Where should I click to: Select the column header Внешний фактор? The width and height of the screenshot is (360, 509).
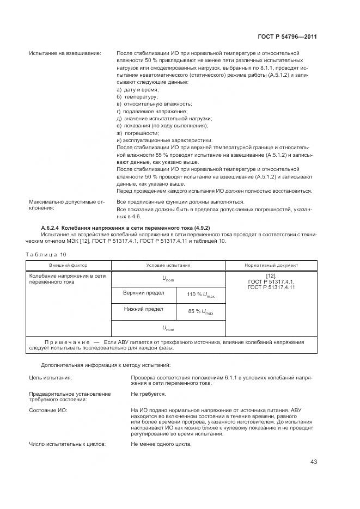(x=68, y=266)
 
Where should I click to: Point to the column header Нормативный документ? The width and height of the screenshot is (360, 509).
(x=271, y=266)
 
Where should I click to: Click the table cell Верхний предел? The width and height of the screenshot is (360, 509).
(x=143, y=293)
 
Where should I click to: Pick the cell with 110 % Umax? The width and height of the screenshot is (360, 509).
(x=200, y=295)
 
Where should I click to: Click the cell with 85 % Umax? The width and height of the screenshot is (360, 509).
(x=200, y=312)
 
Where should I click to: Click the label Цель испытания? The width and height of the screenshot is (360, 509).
(x=51, y=377)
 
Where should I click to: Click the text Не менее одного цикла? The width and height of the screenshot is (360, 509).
(x=161, y=444)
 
